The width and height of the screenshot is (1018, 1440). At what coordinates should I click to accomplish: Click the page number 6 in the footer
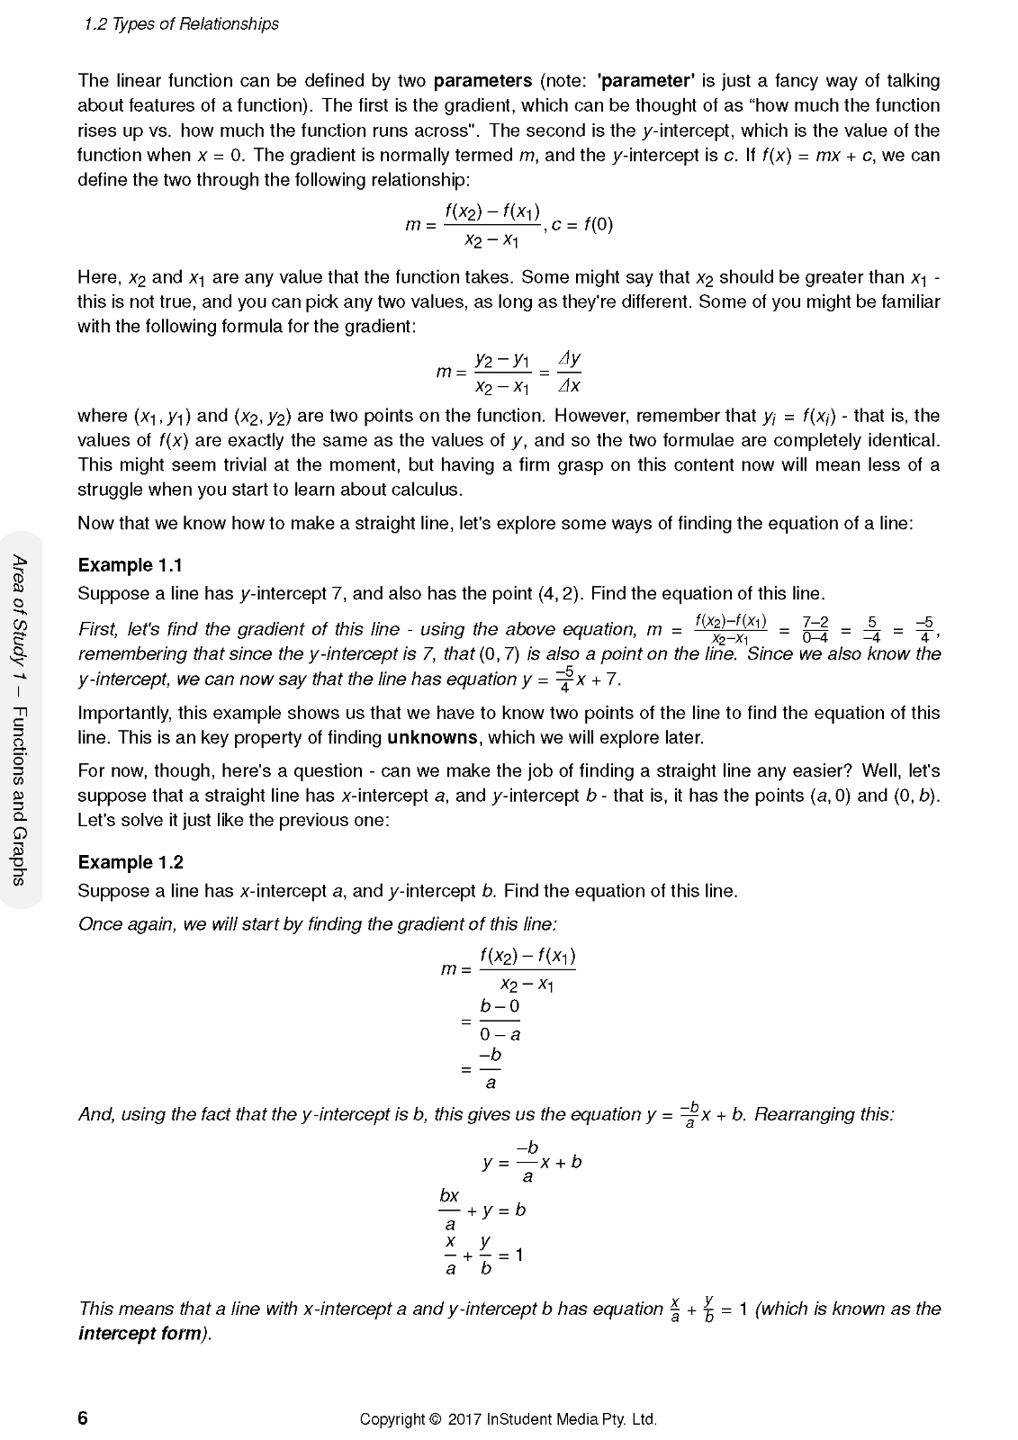(x=83, y=1418)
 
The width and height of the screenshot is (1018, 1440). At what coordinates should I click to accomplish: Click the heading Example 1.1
(x=130, y=565)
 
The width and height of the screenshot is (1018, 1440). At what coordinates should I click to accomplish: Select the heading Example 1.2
(x=130, y=862)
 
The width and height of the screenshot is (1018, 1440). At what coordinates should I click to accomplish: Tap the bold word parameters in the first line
(x=482, y=81)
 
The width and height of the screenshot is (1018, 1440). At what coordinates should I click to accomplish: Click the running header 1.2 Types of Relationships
(x=181, y=24)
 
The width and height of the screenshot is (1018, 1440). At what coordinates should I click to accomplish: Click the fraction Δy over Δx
(x=569, y=372)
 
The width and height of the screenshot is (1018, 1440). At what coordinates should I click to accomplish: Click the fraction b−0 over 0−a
(x=500, y=1020)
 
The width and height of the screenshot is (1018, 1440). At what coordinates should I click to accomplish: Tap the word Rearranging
(x=824, y=1114)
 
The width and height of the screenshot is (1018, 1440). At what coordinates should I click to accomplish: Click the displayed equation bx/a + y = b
(x=482, y=1210)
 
